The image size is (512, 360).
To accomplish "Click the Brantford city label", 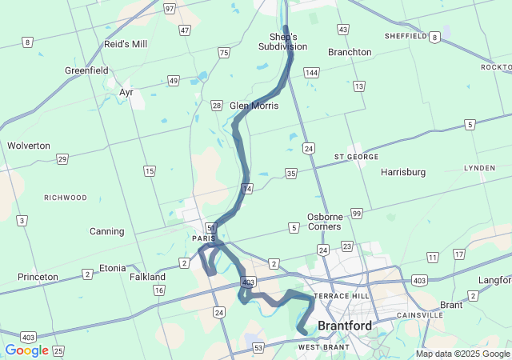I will click(x=345, y=326).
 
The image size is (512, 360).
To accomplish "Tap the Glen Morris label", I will click(x=254, y=106).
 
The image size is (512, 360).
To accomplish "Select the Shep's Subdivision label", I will click(x=282, y=42).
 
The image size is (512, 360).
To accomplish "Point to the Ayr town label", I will click(x=126, y=92).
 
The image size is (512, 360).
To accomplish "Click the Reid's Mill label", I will click(x=126, y=44).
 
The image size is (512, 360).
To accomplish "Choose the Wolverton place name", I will click(x=29, y=146).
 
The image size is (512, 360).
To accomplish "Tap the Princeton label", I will click(x=38, y=277).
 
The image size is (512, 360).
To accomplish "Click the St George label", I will click(x=356, y=157).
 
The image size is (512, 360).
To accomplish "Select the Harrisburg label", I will click(x=403, y=172).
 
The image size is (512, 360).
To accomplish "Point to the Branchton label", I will click(x=350, y=52).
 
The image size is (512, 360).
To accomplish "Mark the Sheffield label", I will click(x=406, y=36).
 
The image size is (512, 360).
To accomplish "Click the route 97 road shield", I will click(x=169, y=8).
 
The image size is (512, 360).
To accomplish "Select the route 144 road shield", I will click(x=312, y=73).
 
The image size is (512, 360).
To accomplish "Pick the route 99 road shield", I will click(x=357, y=213).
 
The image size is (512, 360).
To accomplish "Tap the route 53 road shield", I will click(x=258, y=347).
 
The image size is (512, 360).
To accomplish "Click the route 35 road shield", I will click(x=291, y=173).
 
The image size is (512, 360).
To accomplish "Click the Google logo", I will click(x=26, y=350).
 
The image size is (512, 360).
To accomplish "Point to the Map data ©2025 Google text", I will click(x=462, y=354).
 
